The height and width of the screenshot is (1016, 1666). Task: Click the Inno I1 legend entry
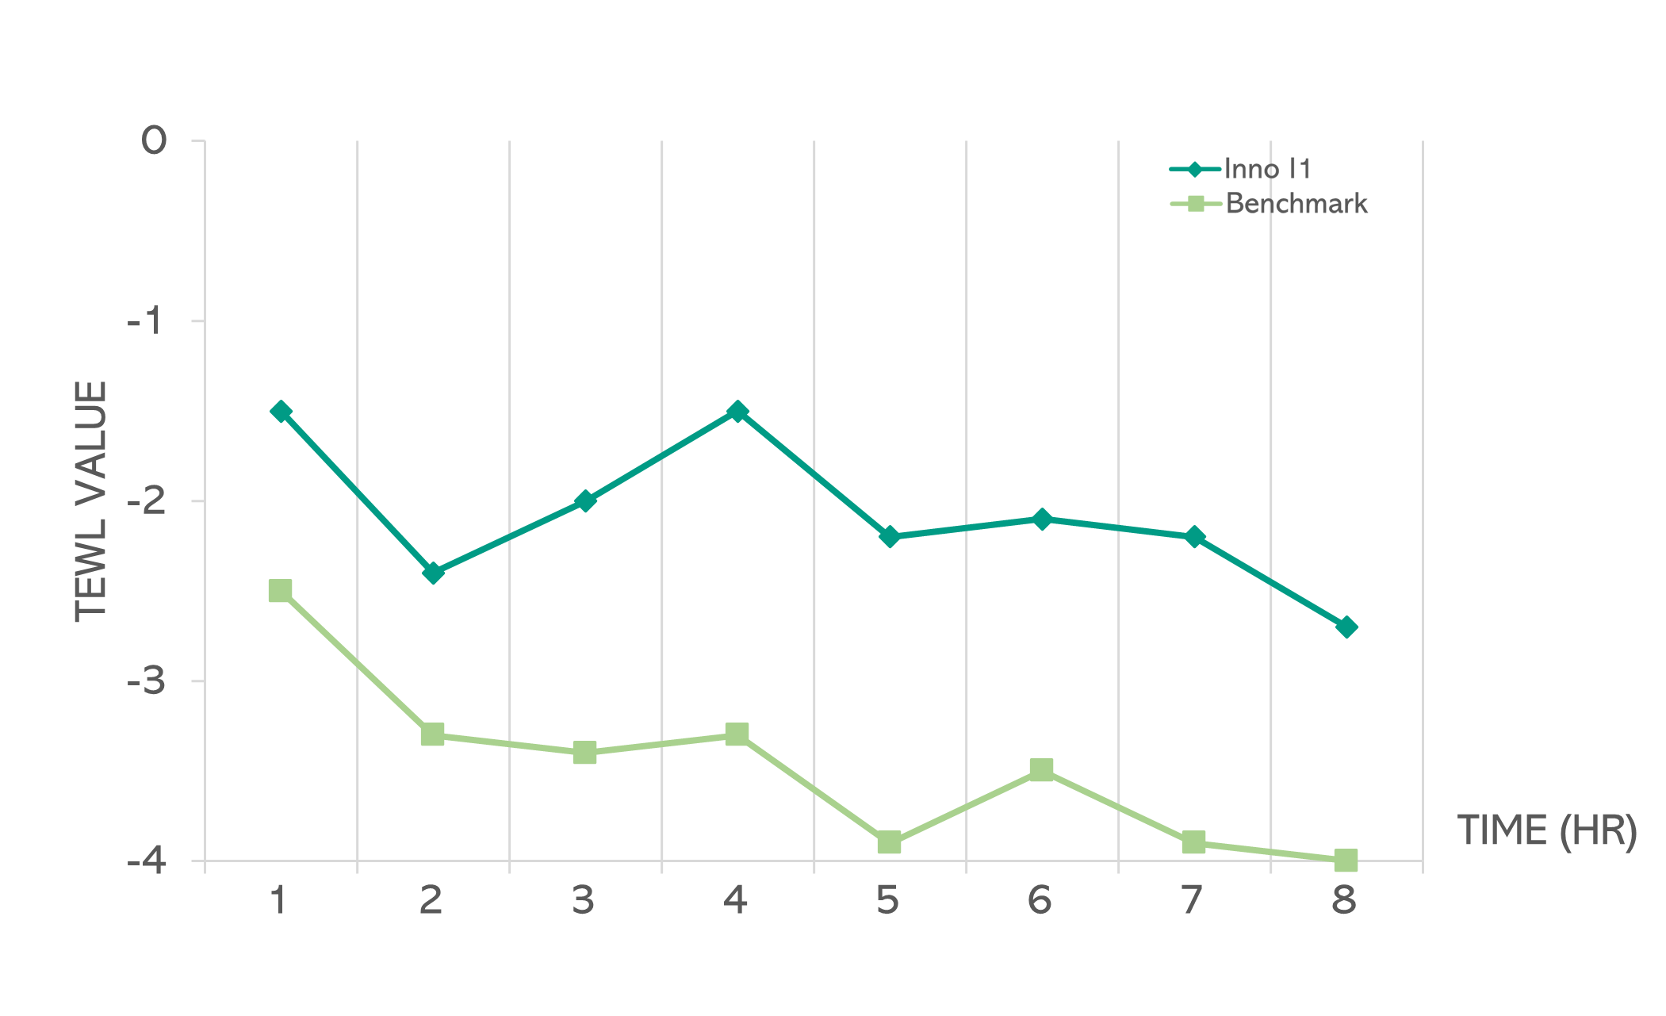click(x=1267, y=169)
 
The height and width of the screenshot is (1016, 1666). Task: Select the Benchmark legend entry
click(x=1296, y=204)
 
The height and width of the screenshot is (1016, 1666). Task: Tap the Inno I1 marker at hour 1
click(x=281, y=411)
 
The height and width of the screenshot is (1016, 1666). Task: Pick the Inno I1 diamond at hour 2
click(x=433, y=573)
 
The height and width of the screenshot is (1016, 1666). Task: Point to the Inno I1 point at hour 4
click(x=737, y=411)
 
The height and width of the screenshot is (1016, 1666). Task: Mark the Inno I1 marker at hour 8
click(x=1346, y=627)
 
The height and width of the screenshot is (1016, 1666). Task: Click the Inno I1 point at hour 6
click(x=1042, y=520)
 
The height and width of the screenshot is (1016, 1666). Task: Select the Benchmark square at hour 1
click(x=281, y=591)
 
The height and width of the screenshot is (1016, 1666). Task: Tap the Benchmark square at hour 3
click(x=585, y=752)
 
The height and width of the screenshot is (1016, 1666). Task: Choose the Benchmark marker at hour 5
click(x=890, y=842)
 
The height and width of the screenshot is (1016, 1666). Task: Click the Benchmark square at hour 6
click(x=1042, y=769)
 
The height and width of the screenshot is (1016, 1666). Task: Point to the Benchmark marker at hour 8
click(x=1346, y=860)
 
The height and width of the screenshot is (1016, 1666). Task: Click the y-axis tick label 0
click(x=154, y=142)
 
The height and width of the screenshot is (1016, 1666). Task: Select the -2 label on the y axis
click(x=147, y=501)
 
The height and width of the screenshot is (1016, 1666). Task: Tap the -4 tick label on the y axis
click(x=147, y=861)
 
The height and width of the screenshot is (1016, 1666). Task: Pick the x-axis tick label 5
click(x=887, y=900)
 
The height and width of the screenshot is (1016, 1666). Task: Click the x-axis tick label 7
click(x=1192, y=900)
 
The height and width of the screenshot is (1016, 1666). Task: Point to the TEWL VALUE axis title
click(x=91, y=501)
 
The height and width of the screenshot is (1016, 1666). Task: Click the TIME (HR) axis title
click(x=1546, y=831)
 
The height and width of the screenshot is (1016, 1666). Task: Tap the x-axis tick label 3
click(x=583, y=900)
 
